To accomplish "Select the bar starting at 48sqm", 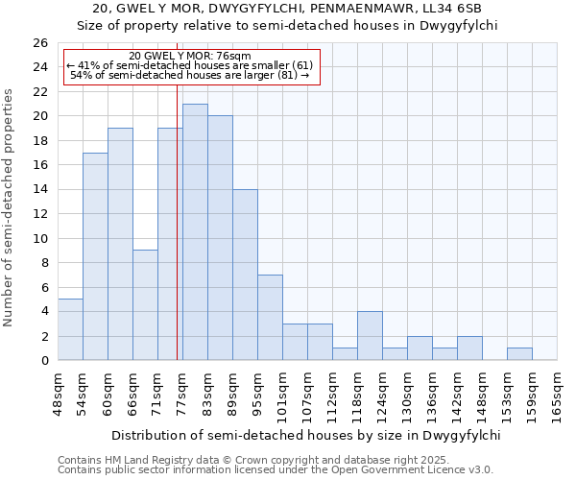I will pyautogui.click(x=70, y=329).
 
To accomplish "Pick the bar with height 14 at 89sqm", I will pyautogui.click(x=245, y=275).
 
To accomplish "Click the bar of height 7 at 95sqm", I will pyautogui.click(x=270, y=317).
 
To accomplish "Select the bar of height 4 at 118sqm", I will pyautogui.click(x=370, y=335).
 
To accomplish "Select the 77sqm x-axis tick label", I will pyautogui.click(x=182, y=394).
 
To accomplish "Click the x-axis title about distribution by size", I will pyautogui.click(x=306, y=435).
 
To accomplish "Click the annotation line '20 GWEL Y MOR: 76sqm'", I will pyautogui.click(x=189, y=56).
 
